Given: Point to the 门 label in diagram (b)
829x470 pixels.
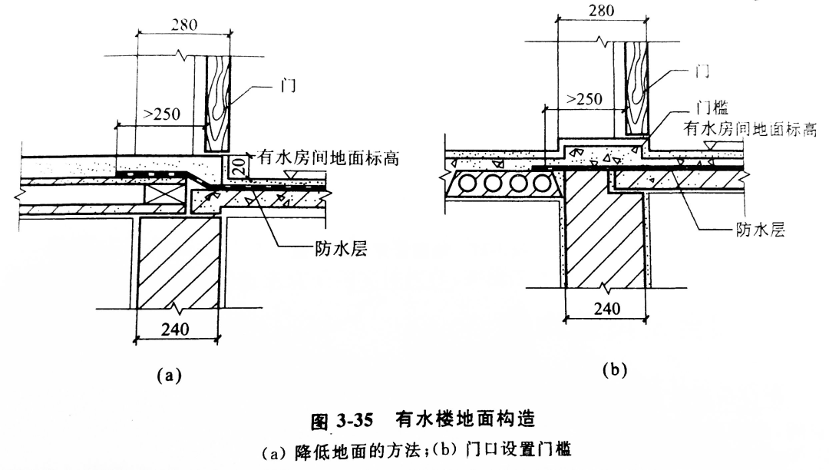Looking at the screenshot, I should (x=700, y=71).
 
